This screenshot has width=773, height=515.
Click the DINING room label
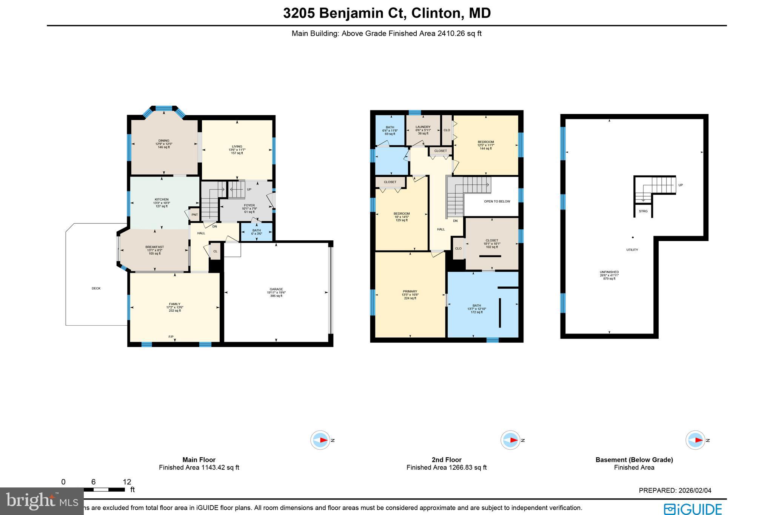pyautogui.click(x=164, y=141)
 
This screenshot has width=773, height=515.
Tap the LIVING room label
pyautogui.click(x=237, y=147)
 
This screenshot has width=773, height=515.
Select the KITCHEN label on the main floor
pyautogui.click(x=162, y=200)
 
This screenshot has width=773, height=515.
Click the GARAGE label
pyautogui.click(x=276, y=289)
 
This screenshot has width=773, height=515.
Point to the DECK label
pyautogui.click(x=96, y=289)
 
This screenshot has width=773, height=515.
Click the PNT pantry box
pyautogui.click(x=195, y=215)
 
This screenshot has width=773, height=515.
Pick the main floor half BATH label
pyautogui.click(x=257, y=231)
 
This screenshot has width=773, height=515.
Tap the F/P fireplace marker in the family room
pyautogui.click(x=171, y=337)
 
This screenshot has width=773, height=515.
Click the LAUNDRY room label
pyautogui.click(x=423, y=127)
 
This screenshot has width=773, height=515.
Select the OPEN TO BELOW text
pyautogui.click(x=497, y=201)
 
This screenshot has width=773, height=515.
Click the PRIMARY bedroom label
pyautogui.click(x=410, y=292)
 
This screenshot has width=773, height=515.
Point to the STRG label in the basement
pyautogui.click(x=643, y=211)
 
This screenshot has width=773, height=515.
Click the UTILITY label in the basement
pyautogui.click(x=632, y=250)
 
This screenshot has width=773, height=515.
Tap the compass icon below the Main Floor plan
pyautogui.click(x=320, y=440)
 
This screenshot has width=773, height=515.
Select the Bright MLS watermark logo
pyautogui.click(x=42, y=501)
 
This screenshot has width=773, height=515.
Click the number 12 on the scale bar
pyautogui.click(x=127, y=482)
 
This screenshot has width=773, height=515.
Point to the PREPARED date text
pyautogui.click(x=675, y=490)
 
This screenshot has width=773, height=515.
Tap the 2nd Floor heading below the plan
pyautogui.click(x=447, y=460)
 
